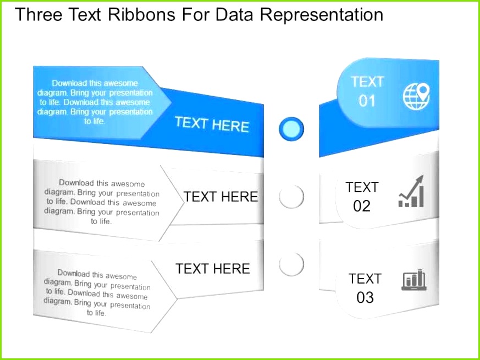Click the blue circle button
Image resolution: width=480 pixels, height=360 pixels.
coord(291,129)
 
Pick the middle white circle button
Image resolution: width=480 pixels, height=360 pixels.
coord(291,197)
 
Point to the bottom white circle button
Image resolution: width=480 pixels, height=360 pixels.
coord(291,264)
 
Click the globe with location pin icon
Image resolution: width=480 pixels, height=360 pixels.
coord(416,96)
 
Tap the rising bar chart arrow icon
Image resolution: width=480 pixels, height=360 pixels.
coord(411,192)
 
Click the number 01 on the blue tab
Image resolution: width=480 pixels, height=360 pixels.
coord(367,101)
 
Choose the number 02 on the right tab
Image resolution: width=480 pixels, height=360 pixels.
coord(362,206)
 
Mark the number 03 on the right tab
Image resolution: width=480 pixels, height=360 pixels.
coord(365,297)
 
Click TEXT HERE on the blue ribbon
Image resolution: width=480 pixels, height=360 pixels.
coord(212,124)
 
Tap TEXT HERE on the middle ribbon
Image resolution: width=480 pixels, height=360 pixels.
coord(220,197)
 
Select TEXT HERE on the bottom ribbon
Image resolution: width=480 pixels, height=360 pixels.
coord(212,269)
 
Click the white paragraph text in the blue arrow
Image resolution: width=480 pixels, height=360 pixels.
coord(95,102)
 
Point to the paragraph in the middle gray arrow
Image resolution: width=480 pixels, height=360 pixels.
coord(102,202)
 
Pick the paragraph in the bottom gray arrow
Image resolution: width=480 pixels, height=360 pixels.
coord(97,292)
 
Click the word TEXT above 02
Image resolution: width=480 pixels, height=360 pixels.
coord(362,187)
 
